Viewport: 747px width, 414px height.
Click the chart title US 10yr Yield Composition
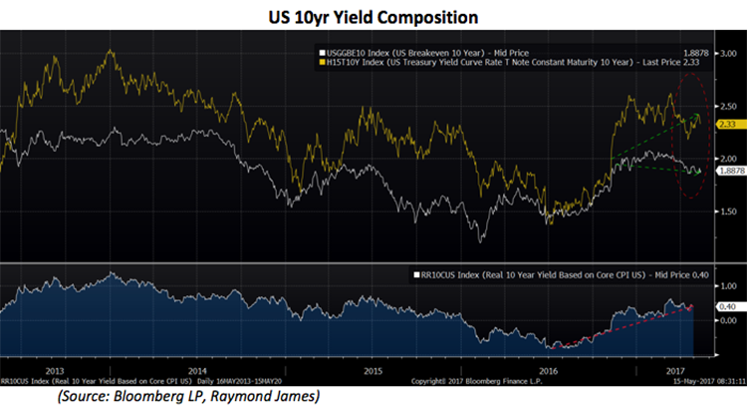tap(373, 17)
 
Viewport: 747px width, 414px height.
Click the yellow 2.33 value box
tap(729, 124)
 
